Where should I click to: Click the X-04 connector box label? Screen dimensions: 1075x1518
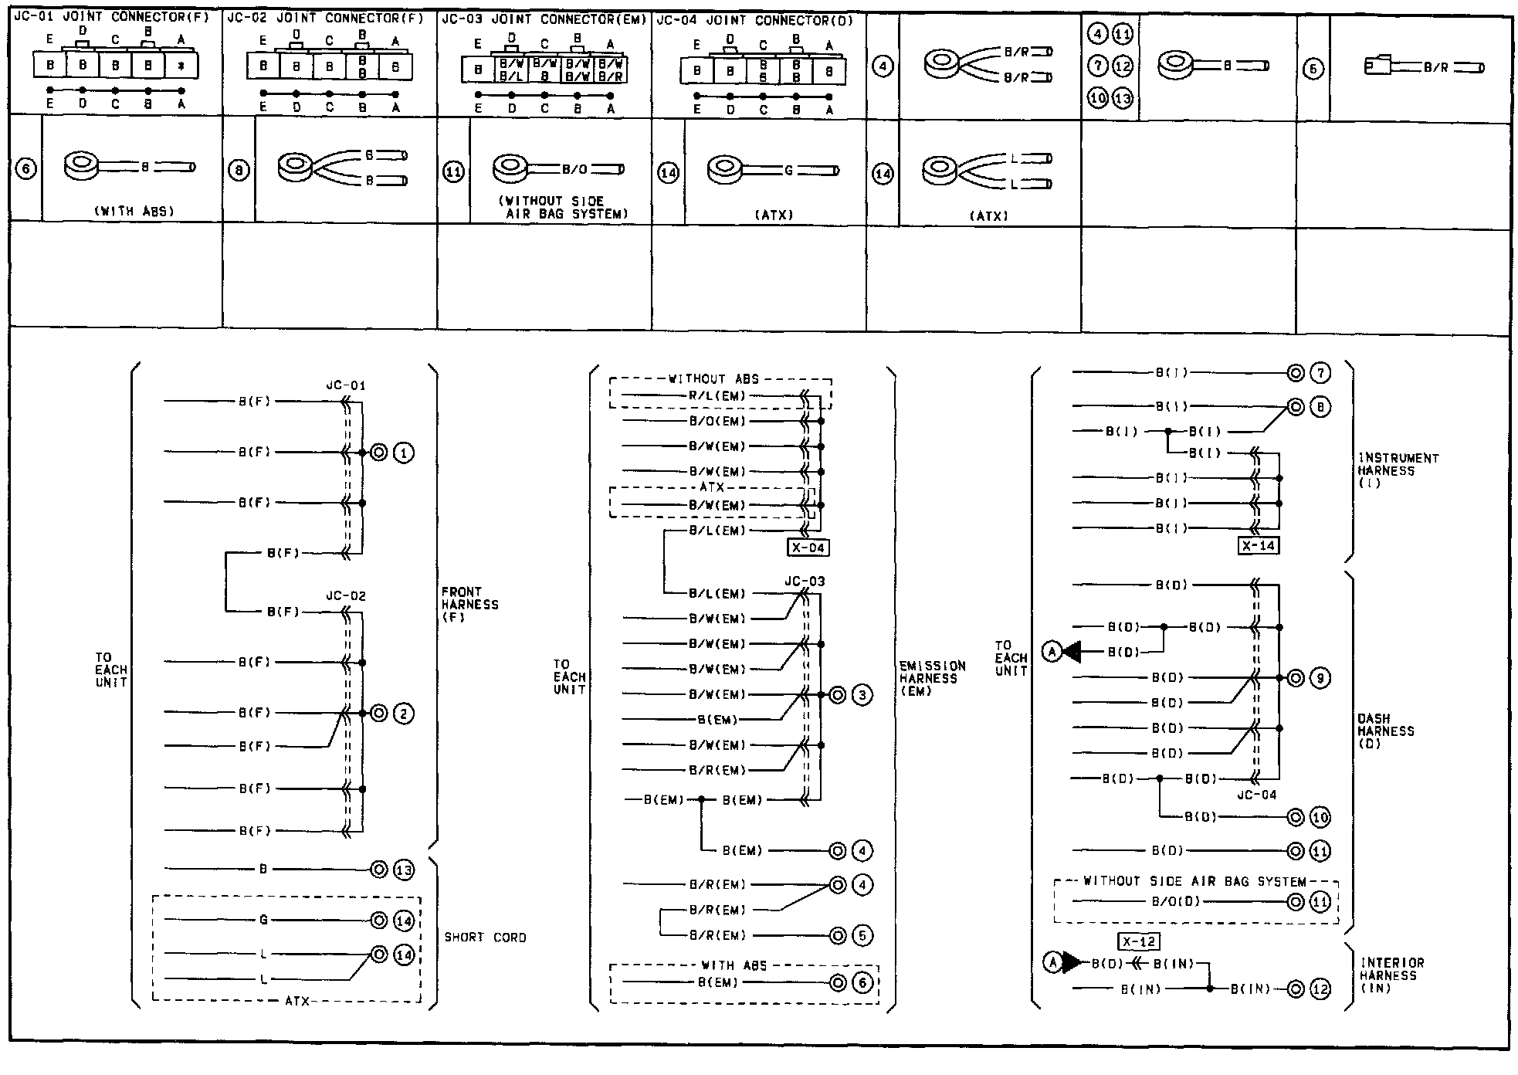[x=808, y=548]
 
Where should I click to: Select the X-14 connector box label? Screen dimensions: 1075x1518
[x=1257, y=546]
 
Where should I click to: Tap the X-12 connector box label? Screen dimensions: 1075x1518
[x=1138, y=942]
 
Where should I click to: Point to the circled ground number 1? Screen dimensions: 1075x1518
[x=404, y=453]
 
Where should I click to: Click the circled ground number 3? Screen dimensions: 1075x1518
[x=862, y=695]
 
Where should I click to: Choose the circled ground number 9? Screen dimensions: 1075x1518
[x=1320, y=679]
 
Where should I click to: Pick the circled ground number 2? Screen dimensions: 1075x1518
[x=404, y=714]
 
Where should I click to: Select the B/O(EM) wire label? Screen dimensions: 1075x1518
[x=717, y=422]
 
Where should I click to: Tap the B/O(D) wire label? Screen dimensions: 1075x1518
[x=1176, y=901]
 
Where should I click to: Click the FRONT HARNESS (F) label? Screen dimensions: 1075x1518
[x=469, y=605]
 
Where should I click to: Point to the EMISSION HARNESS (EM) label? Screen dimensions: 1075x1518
[x=932, y=678]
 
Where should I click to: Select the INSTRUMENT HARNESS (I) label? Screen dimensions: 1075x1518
[x=1398, y=470]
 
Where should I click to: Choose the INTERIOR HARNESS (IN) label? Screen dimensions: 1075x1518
[x=1391, y=975]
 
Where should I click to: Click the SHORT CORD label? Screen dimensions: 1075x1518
[x=485, y=938]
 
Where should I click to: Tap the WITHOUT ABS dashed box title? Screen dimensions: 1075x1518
[x=713, y=379]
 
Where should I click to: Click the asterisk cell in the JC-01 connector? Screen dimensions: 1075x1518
[x=181, y=66]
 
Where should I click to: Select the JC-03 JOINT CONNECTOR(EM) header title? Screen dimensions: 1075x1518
[x=544, y=20]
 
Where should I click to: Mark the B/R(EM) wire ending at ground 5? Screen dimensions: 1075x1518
[x=717, y=936]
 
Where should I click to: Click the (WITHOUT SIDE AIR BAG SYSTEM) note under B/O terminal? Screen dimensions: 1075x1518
[x=561, y=207]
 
